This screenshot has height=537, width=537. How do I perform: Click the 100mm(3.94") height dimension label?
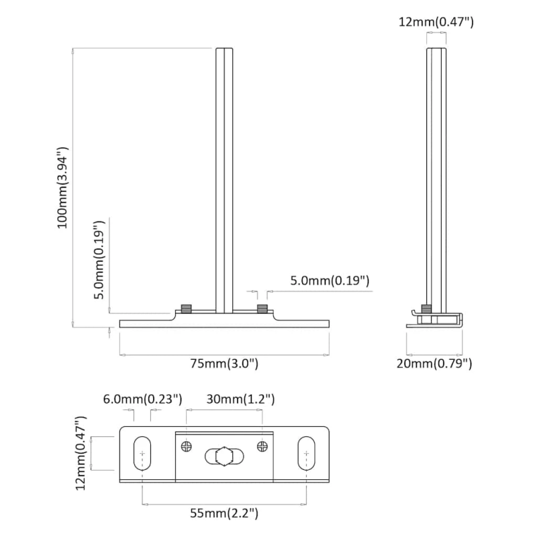63,188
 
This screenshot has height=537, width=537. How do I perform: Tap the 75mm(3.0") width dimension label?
224,363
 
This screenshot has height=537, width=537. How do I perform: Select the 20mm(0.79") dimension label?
434,363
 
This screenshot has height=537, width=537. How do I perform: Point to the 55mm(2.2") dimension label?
224,513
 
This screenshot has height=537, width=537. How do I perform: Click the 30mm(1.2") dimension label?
240,399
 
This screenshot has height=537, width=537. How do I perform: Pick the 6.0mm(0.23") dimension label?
142,399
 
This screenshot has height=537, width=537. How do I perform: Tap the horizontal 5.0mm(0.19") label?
330,281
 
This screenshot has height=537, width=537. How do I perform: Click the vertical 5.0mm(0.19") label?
99,260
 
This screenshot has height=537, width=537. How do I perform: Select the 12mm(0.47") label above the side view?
436,22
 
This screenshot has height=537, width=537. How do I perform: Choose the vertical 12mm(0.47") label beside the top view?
81,453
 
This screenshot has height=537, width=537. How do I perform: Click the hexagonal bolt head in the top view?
224,456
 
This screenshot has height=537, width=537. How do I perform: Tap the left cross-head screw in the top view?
187,446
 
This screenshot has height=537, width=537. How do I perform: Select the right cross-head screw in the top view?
262,446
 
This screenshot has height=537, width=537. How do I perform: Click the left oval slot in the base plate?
142,454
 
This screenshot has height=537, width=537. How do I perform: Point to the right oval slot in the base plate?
306,454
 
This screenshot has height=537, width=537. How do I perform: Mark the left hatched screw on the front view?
187,308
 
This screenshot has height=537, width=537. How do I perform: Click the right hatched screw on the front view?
262,308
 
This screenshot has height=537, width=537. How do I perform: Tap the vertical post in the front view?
224,181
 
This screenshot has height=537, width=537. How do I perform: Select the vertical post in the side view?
436,181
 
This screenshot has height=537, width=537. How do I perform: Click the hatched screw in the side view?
426,308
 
